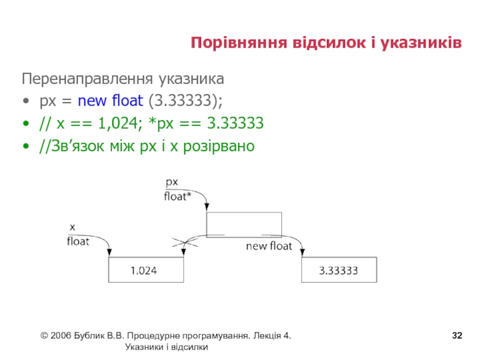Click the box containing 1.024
click(x=145, y=270)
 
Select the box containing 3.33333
click(x=338, y=270)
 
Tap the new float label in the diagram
click(x=268, y=246)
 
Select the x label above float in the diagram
click(x=73, y=227)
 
